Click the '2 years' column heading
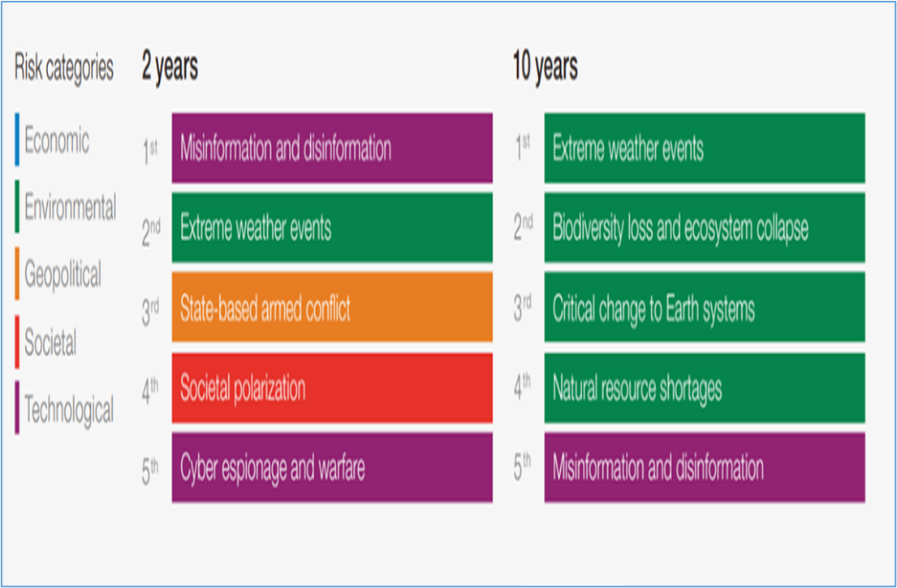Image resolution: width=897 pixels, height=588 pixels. click(170, 67)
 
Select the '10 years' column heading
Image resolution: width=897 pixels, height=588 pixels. click(546, 67)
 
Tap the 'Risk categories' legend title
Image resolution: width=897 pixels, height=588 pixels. click(64, 68)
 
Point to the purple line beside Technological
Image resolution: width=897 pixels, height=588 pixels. click(17, 408)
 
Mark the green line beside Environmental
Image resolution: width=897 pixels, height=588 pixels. click(17, 206)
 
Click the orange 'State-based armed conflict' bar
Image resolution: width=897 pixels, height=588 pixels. click(332, 308)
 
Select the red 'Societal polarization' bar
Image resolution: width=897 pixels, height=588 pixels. click(332, 388)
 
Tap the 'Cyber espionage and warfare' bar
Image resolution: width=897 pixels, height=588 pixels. click(332, 468)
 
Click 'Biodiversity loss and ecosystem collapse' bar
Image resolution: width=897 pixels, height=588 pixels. click(705, 228)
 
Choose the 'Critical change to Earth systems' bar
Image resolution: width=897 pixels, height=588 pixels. click(705, 308)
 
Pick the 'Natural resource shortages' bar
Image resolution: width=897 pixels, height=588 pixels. click(705, 388)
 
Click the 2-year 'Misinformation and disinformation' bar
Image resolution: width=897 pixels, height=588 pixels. click(332, 149)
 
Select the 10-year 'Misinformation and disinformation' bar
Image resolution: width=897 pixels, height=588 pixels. click(705, 468)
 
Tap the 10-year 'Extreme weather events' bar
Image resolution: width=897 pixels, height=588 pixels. click(705, 149)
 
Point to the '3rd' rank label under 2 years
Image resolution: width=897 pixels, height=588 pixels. click(150, 311)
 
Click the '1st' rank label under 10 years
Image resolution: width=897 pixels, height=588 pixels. click(522, 148)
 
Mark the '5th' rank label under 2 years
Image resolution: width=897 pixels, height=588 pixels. click(150, 470)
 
